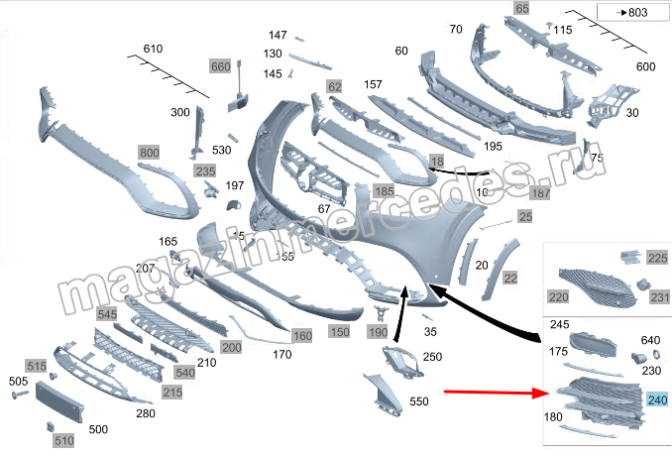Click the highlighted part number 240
pyautogui.click(x=656, y=400)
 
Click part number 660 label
pyautogui.click(x=220, y=66)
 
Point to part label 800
pyautogui.click(x=149, y=153)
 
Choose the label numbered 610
pyautogui.click(x=153, y=50)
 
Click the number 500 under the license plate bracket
pyautogui.click(x=98, y=429)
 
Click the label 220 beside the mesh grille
pyautogui.click(x=559, y=295)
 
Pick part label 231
pyautogui.click(x=659, y=296)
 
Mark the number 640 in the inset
pyautogui.click(x=650, y=340)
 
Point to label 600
pyautogui.click(x=645, y=66)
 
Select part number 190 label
pyautogui.click(x=378, y=331)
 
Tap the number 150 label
pyautogui.click(x=340, y=331)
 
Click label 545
pyautogui.click(x=108, y=313)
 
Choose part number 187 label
pyautogui.click(x=540, y=193)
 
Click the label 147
pyautogui.click(x=277, y=35)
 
